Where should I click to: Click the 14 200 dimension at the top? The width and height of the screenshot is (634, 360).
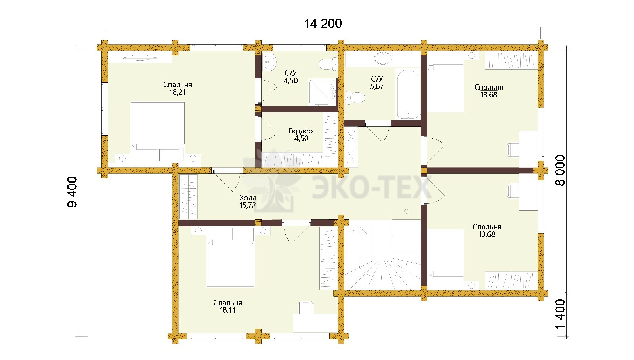pos(323,23)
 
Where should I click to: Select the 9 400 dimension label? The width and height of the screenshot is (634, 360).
pos(72,192)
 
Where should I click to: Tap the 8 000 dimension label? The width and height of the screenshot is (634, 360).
pos(560,170)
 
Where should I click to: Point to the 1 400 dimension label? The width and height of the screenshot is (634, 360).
pos(560,314)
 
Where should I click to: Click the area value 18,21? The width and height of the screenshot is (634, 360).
pos(178,92)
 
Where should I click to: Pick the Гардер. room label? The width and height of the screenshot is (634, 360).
pos(301,131)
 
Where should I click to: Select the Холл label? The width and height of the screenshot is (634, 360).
pos(247,198)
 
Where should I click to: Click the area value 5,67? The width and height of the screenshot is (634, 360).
pos(377,87)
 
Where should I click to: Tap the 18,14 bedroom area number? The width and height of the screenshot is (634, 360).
pos(227,310)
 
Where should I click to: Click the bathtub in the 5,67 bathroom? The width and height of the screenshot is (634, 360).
pos(408,94)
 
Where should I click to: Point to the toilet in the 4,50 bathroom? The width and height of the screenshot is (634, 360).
pos(328,64)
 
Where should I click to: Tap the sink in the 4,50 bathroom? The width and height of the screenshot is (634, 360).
pos(269,62)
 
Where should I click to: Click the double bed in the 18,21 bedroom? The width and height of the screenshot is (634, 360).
pos(158,132)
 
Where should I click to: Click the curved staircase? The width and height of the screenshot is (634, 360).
pos(382,255)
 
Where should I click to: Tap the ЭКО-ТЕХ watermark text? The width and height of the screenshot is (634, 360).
pos(372,187)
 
